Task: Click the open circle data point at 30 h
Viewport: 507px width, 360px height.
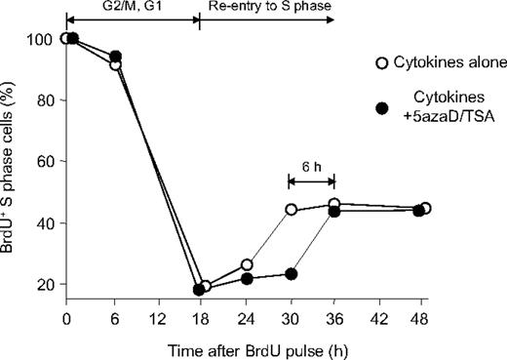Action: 291,210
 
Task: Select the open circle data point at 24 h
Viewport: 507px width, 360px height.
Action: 247,265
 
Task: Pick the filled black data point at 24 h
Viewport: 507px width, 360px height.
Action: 247,279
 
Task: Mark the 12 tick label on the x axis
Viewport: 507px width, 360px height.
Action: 156,318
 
